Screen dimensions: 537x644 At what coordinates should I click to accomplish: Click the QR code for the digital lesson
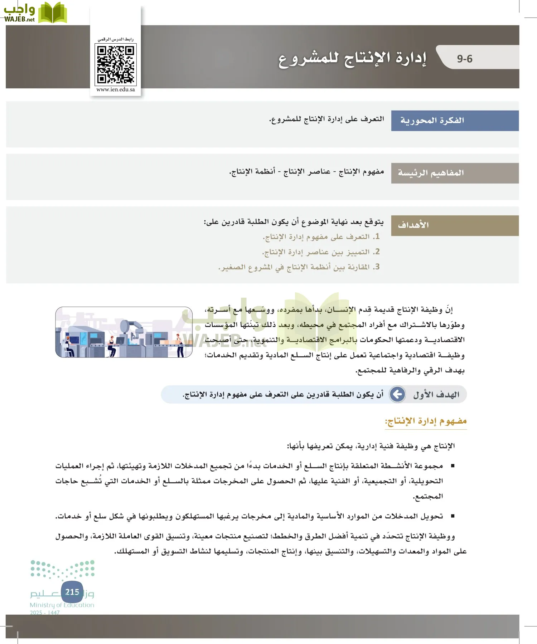(x=116, y=64)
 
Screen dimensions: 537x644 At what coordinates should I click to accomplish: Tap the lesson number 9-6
(x=464, y=59)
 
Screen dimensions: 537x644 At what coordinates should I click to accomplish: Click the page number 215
(x=72, y=592)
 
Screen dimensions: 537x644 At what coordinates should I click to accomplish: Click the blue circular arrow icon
(x=397, y=394)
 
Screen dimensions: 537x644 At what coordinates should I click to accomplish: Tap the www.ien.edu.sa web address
(x=116, y=89)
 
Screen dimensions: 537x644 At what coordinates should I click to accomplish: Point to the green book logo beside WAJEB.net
(x=53, y=13)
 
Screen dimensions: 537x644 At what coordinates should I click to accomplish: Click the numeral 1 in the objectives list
(x=376, y=236)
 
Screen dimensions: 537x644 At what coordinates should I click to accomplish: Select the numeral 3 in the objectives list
(x=376, y=267)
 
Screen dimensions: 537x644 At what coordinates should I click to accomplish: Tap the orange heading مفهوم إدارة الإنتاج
(x=426, y=421)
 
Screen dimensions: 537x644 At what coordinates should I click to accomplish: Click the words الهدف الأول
(x=436, y=395)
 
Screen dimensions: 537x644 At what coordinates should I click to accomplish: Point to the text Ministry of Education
(x=62, y=605)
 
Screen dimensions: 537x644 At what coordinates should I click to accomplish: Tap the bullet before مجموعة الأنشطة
(x=453, y=466)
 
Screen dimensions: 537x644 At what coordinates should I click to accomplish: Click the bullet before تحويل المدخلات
(x=453, y=516)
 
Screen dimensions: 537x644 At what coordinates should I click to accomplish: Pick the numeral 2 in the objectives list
(x=376, y=252)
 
